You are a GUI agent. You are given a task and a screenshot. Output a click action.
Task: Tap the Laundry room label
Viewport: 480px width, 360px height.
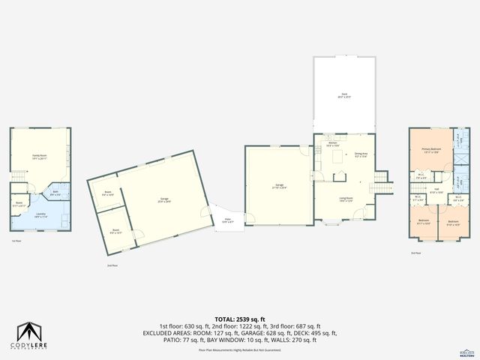point(40,214)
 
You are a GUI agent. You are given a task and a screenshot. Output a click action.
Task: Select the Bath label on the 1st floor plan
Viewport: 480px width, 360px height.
point(56,193)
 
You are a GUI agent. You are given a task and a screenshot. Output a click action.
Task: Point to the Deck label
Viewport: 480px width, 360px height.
point(343,94)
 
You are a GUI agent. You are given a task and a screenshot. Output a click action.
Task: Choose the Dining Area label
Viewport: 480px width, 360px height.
point(360,155)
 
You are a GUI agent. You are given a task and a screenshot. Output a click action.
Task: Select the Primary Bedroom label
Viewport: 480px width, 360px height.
point(430,151)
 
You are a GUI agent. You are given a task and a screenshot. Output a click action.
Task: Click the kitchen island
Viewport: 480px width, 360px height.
point(337,177)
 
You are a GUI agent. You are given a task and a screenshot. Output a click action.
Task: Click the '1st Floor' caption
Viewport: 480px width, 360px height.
point(16,241)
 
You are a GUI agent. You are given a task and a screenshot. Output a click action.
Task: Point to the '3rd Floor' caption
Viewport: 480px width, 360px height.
point(415,253)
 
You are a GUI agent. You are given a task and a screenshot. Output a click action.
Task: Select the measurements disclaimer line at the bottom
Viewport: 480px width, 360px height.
point(239,350)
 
